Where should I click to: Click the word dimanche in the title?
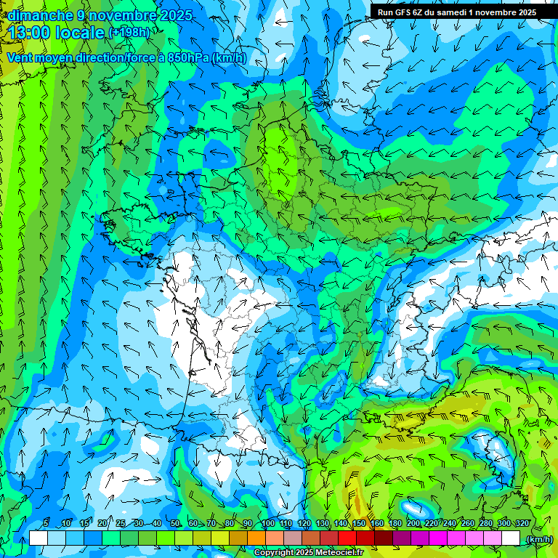[x=40, y=15]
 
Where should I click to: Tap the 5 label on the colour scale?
[x=46, y=524]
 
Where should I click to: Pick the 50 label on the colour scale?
[x=174, y=524]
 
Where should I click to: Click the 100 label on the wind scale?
[x=268, y=524]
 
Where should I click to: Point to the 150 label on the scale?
[x=359, y=524]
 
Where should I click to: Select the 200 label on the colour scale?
[x=414, y=524]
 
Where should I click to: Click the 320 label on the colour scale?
[x=522, y=524]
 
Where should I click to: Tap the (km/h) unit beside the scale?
[x=539, y=538]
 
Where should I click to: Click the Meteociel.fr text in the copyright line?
[x=339, y=553]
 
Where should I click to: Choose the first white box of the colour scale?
[x=39, y=538]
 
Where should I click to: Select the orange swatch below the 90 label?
[x=256, y=538]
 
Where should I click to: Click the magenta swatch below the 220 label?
[x=438, y=538]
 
